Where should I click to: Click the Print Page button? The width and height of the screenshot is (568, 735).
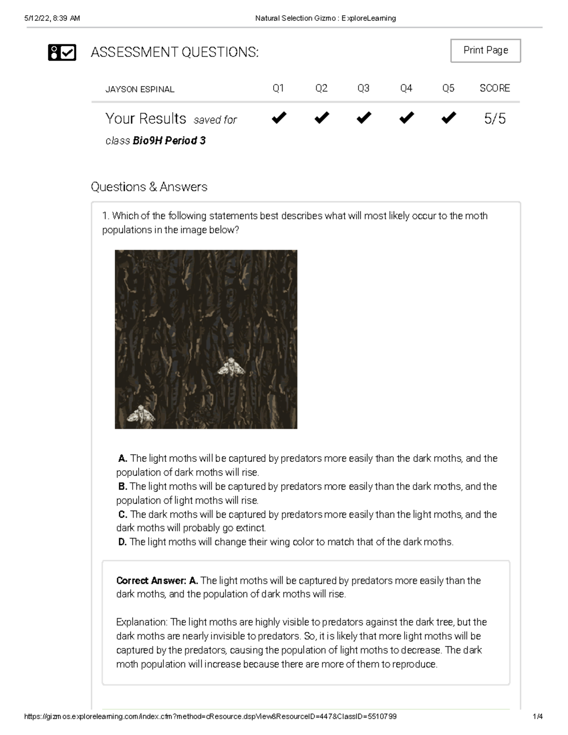(485, 51)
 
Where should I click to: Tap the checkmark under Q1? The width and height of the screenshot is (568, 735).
(279, 117)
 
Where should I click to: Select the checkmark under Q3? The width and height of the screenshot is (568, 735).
(364, 117)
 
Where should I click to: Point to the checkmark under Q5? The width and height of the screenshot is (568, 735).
(448, 117)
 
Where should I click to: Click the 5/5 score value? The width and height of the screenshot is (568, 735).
(495, 118)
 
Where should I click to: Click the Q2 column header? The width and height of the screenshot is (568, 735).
(321, 89)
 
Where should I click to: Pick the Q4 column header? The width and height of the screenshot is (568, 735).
(406, 89)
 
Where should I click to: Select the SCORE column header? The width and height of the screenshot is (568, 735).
(495, 89)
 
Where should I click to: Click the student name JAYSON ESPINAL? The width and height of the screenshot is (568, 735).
(140, 89)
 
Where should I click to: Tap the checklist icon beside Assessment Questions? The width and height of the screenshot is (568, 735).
(62, 53)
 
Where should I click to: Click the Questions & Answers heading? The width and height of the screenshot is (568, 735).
(149, 187)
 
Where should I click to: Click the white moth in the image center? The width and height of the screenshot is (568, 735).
(231, 367)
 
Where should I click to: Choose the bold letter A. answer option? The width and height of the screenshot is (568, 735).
(123, 458)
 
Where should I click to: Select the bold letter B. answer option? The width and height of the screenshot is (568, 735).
(123, 486)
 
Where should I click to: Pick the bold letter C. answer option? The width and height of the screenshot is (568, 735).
(123, 514)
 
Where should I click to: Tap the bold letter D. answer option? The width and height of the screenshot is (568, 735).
(123, 542)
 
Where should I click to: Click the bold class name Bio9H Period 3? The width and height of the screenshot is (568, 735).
(169, 141)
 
